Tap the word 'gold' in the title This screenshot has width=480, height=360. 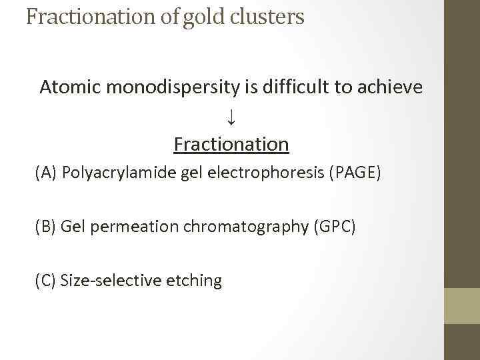pos(199,17)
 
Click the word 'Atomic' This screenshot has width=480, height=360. pos(67,87)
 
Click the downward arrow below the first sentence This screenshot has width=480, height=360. pos(231,117)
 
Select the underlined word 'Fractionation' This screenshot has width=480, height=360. pos(231,144)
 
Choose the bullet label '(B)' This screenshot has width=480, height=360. pos(46,227)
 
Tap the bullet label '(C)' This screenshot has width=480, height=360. pos(46,280)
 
